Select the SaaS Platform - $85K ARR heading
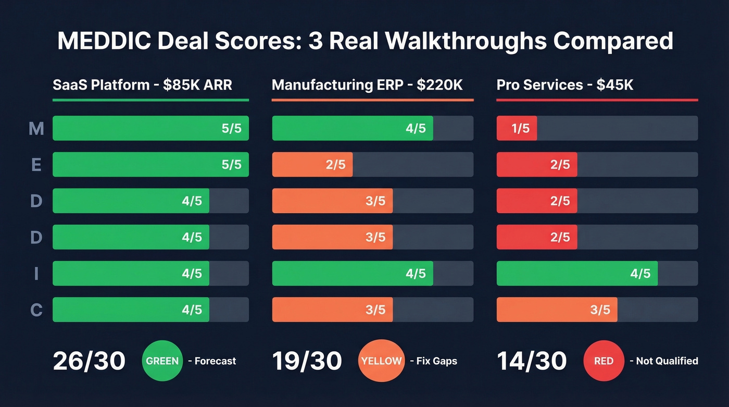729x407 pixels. tap(142, 85)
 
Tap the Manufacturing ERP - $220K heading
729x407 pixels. tap(367, 85)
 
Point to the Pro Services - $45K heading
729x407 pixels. tap(564, 85)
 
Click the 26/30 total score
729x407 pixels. tap(89, 361)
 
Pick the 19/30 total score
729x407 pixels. tap(307, 361)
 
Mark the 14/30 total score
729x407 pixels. tap(532, 361)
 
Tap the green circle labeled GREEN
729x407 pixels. tap(162, 361)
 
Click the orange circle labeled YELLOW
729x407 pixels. tap(381, 361)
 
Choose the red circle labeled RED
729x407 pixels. tap(604, 361)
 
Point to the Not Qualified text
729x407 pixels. tap(667, 361)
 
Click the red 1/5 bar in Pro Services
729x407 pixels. tap(517, 128)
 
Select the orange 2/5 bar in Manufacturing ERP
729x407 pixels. tap(312, 165)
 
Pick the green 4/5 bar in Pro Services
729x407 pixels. tap(577, 274)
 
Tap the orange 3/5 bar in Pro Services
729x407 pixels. tap(557, 310)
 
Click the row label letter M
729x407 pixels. tap(36, 128)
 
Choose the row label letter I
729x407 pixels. tap(36, 274)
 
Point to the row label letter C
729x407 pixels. tap(36, 310)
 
